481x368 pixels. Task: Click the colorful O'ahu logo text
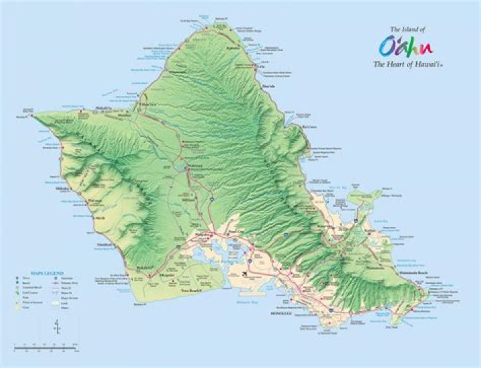point(406,47)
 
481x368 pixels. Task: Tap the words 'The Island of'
point(406,29)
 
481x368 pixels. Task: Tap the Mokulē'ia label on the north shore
point(103,108)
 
